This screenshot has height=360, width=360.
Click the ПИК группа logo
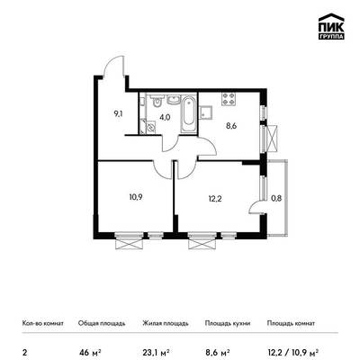pyautogui.click(x=331, y=27)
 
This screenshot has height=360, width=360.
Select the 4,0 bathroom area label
pyautogui.click(x=165, y=117)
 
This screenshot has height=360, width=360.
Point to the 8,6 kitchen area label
pyautogui.click(x=231, y=126)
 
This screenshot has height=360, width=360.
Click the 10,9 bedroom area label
pyautogui.click(x=136, y=197)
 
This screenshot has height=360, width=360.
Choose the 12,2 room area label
pyautogui.click(x=215, y=198)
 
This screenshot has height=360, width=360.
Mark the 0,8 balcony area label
pyautogui.click(x=276, y=198)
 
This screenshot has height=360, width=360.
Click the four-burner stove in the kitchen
pyautogui.click(x=229, y=100)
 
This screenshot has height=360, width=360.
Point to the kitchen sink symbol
pyautogui.click(x=206, y=112)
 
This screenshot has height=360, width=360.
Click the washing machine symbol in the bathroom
pyautogui.click(x=150, y=127)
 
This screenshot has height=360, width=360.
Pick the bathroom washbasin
pyautogui.click(x=174, y=100)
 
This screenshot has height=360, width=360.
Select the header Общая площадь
pyautogui.click(x=102, y=323)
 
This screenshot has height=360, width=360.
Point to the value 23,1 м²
pyautogui.click(x=157, y=351)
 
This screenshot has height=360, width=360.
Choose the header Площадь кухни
pyautogui.click(x=228, y=323)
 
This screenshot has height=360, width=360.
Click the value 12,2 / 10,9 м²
pyautogui.click(x=292, y=351)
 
